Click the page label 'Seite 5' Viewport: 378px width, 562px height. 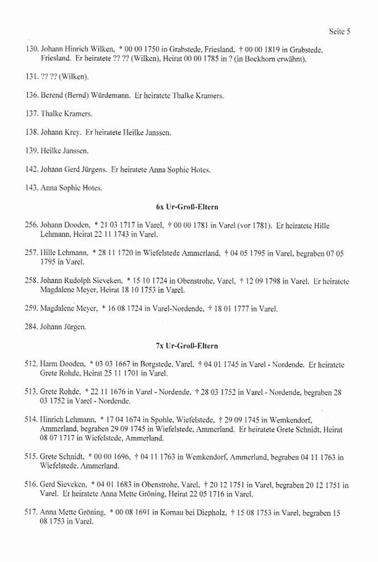tap(339, 32)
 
